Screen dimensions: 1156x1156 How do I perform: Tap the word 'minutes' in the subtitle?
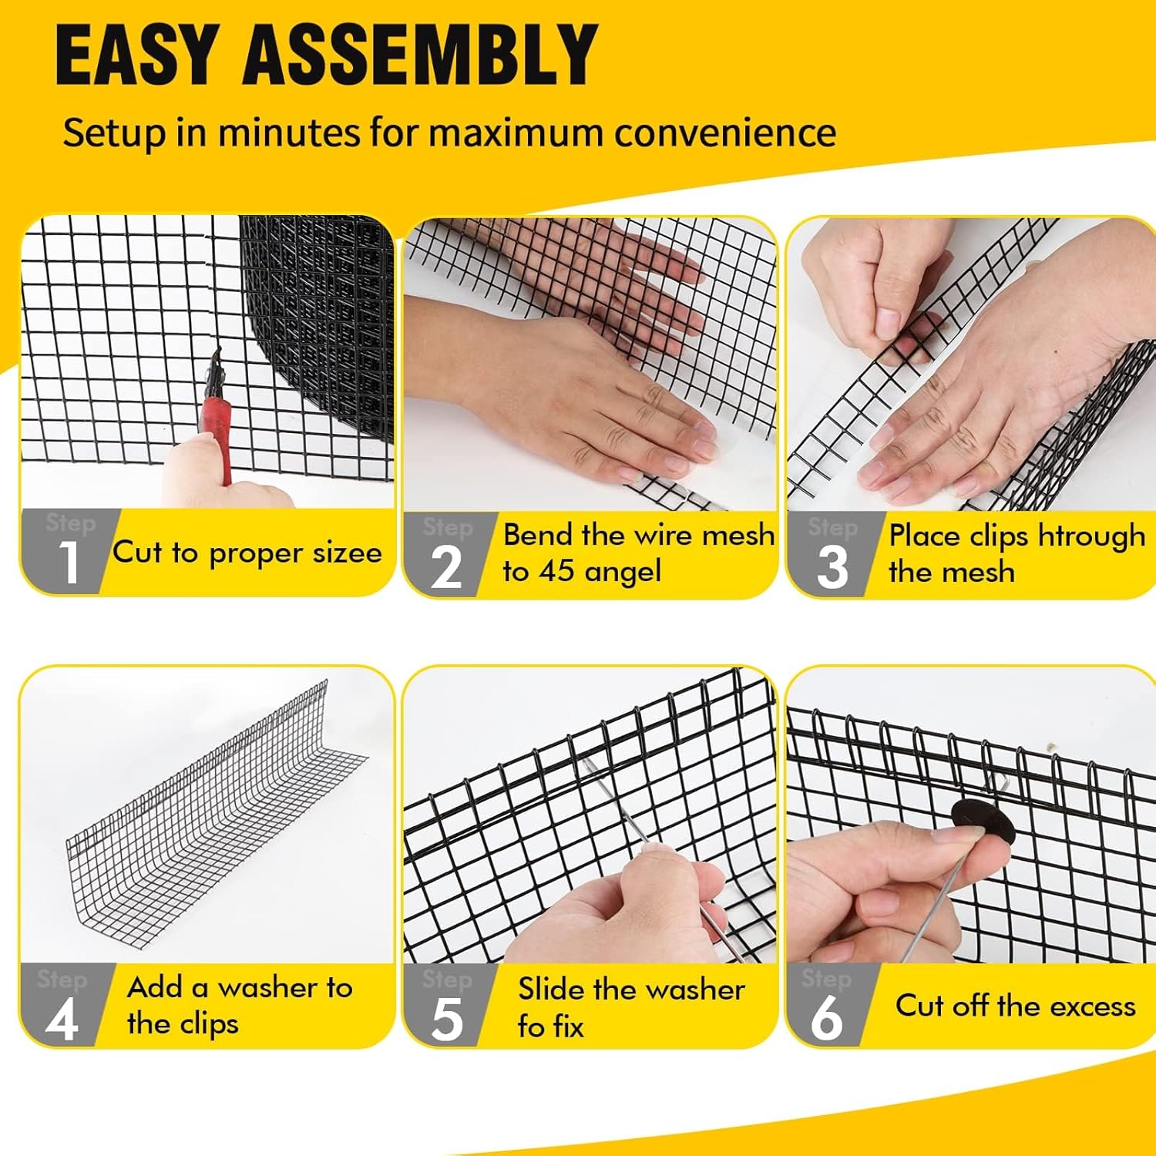tap(289, 132)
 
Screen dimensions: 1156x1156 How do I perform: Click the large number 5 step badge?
tap(447, 1020)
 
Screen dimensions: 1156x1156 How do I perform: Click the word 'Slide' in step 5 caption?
tap(546, 989)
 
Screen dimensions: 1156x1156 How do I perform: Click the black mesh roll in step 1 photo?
tap(324, 324)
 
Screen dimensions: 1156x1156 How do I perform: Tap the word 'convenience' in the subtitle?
tap(725, 132)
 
